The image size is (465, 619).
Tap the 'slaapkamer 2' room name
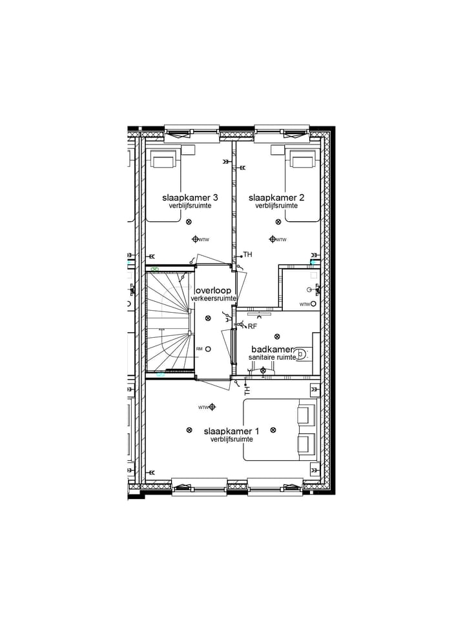tap(276, 197)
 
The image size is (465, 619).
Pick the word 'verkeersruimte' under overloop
tap(213, 299)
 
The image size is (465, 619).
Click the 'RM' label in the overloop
tap(199, 349)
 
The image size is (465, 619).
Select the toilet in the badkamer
tap(304, 353)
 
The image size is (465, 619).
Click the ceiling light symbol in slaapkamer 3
tap(189, 222)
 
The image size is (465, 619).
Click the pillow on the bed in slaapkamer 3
tap(164, 160)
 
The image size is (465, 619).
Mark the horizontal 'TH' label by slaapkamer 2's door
tap(247, 255)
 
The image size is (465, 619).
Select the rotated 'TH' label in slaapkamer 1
tap(247, 391)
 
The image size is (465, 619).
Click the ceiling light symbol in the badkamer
tap(277, 336)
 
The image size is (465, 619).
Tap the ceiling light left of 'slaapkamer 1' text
tap(189, 430)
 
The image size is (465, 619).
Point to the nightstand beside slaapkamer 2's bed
tap(277, 150)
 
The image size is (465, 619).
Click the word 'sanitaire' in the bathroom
tap(262, 357)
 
